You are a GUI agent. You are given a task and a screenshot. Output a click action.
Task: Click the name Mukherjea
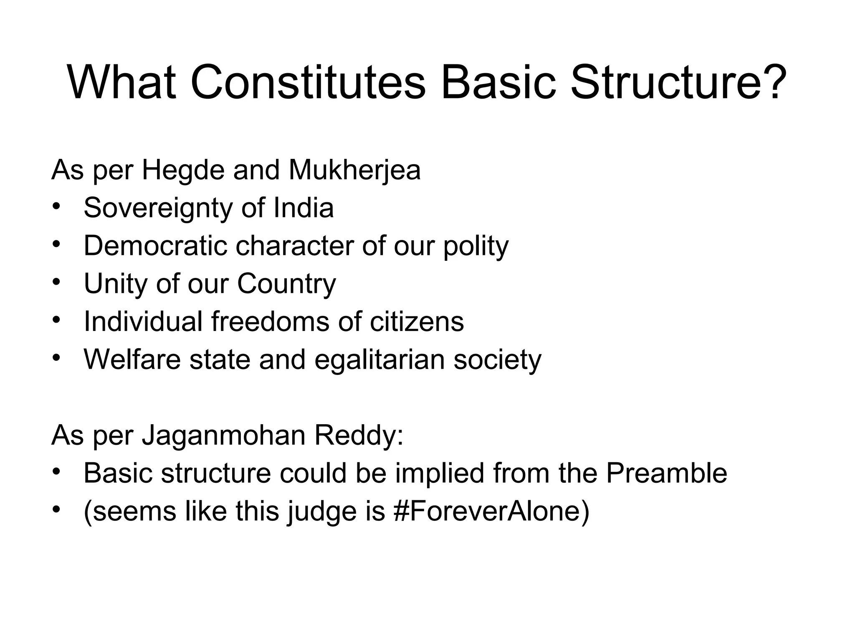(354, 170)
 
